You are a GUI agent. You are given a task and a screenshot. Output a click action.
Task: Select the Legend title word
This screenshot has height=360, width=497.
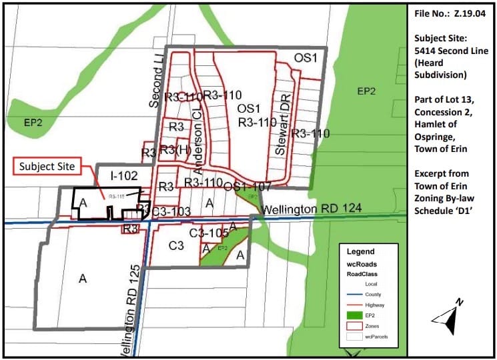(x=360, y=252)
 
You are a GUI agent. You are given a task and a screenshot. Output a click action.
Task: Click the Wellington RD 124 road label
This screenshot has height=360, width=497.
(x=312, y=209)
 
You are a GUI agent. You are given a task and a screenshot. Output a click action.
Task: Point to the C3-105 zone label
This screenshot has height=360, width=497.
(x=209, y=233)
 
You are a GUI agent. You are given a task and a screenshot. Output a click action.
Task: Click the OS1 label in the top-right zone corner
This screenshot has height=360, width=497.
(x=306, y=58)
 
